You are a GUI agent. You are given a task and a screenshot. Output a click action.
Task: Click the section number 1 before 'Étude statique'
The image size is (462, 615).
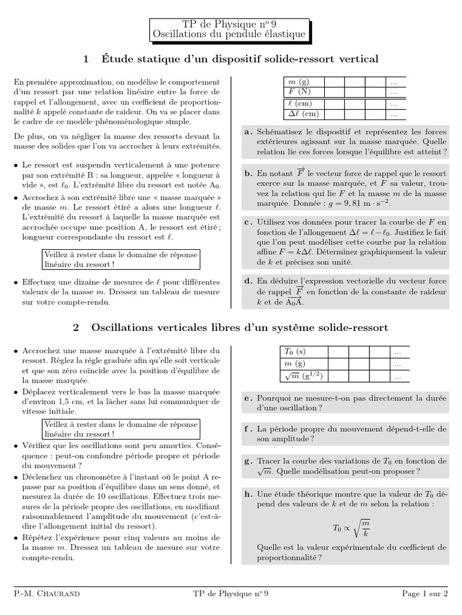point(86,59)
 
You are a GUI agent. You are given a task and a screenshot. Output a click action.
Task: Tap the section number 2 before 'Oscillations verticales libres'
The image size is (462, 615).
point(76,327)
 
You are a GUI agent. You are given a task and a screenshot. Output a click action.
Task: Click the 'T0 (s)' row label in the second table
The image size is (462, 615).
point(295,353)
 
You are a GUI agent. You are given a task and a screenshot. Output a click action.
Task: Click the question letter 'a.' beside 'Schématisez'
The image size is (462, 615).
point(248,131)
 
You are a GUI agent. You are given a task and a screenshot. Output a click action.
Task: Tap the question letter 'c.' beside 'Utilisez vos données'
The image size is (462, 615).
point(248,222)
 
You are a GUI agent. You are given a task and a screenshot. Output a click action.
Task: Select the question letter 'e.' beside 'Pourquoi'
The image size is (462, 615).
point(248,398)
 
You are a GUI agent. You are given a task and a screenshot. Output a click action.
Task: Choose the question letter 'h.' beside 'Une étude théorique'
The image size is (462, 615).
point(248,494)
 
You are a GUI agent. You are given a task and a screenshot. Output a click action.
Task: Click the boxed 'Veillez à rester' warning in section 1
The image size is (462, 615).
point(120,259)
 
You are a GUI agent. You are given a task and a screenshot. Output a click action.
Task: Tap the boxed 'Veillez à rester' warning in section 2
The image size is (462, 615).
point(120,429)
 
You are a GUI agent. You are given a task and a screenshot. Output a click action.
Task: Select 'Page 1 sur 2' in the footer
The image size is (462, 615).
point(425,595)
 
